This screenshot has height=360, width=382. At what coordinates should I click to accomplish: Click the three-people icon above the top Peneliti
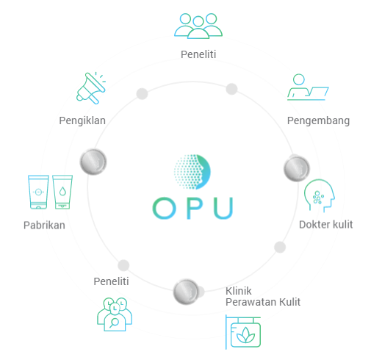[198, 26]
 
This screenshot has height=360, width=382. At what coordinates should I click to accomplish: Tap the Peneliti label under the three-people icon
[198, 54]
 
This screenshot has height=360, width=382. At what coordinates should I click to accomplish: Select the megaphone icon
[91, 88]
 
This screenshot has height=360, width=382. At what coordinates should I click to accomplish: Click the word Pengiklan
[82, 120]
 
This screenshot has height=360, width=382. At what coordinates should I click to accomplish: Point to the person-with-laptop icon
[308, 87]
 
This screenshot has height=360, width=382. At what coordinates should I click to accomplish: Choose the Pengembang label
[318, 120]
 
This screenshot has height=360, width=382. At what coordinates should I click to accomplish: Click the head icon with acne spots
[320, 195]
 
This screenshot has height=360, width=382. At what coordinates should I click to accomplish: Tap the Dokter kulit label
[326, 225]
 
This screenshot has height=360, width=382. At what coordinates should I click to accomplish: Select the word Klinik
[239, 291]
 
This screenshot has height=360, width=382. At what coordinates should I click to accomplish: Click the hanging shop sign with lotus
[243, 332]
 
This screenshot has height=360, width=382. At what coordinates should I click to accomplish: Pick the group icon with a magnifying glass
[115, 314]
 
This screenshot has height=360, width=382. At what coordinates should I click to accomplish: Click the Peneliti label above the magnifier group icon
[111, 281]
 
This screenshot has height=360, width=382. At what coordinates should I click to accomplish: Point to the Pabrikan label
[44, 226]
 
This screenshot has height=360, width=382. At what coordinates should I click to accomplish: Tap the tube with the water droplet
[62, 192]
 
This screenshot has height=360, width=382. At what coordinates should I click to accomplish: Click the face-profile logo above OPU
[192, 172]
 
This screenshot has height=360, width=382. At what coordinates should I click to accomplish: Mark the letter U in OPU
[223, 208]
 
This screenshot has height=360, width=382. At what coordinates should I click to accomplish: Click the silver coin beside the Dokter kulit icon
[297, 169]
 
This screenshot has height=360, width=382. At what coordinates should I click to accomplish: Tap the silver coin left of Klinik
[186, 292]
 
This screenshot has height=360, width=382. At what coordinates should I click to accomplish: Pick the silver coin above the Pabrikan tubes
[93, 162]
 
